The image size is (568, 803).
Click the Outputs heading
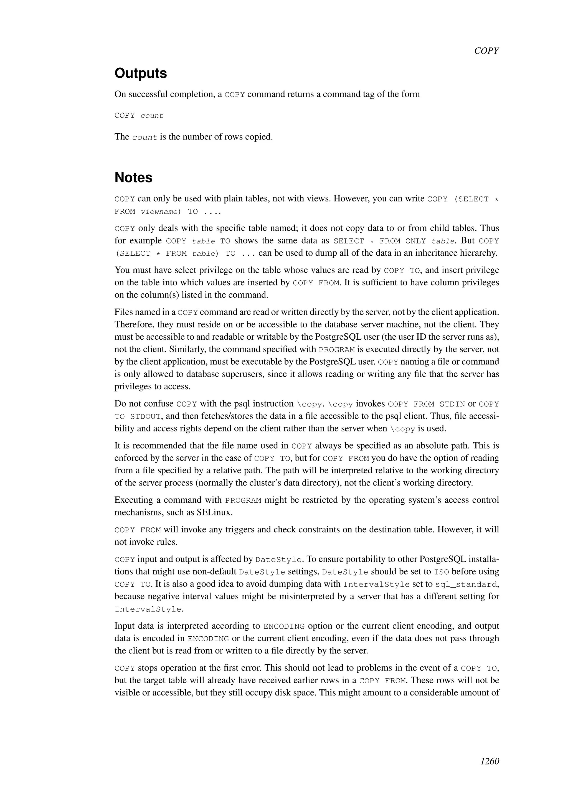(x=141, y=73)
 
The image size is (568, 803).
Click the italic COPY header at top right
(x=486, y=51)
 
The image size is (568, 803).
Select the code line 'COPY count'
(x=139, y=116)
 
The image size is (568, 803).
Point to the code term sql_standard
(x=466, y=585)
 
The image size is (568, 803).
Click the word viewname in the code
(x=159, y=212)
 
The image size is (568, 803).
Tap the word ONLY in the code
(x=415, y=241)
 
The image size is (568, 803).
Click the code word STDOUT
(x=146, y=416)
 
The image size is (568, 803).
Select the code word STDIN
(x=452, y=404)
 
